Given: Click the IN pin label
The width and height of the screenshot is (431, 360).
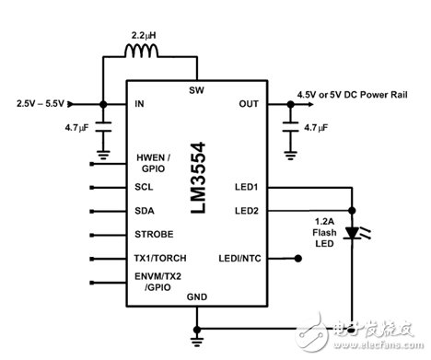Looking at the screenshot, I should pos(141,105).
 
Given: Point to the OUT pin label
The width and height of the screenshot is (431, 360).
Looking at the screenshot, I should pos(249,104).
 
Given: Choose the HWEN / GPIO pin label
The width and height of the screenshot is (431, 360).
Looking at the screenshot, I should pos(154,164).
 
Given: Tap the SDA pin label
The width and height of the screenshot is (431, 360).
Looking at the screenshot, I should pos(146,210).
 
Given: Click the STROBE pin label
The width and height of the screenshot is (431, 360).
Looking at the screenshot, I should pos(154,234).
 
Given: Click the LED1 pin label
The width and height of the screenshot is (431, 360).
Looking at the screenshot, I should pos(246,188).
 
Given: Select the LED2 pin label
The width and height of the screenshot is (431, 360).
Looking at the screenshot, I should pos(246,210).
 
